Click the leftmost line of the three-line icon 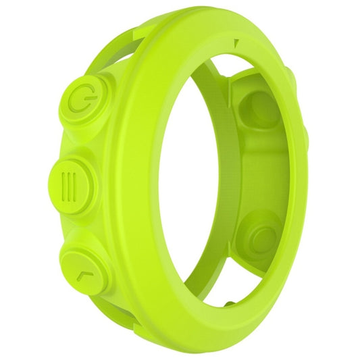(x=63, y=182)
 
